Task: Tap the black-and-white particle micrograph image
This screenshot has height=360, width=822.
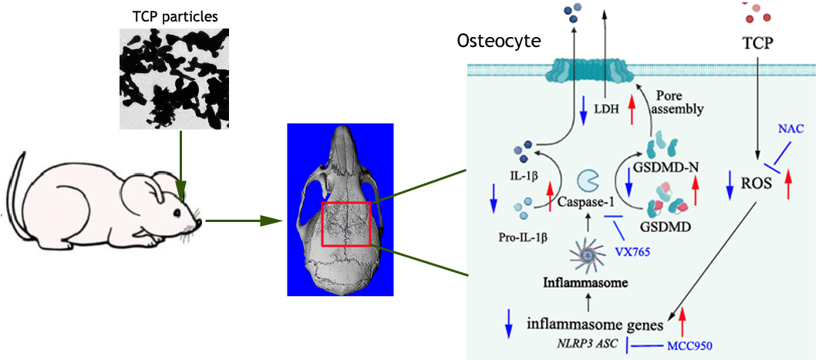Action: (x=174, y=78)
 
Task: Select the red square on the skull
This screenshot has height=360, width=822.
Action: (x=346, y=224)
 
